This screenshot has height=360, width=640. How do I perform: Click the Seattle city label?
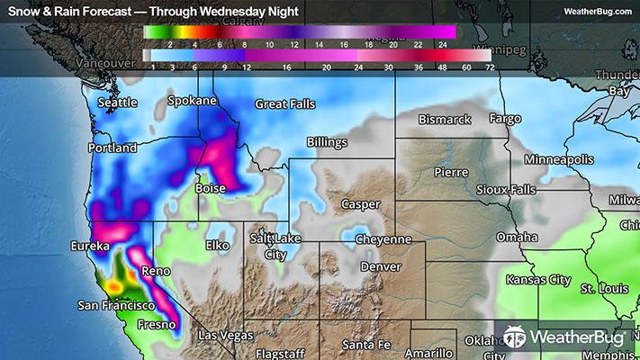click(x=116, y=103)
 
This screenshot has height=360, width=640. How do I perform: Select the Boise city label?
click(x=211, y=190)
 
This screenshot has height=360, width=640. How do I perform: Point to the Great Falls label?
click(x=285, y=104)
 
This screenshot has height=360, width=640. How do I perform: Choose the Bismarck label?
click(x=445, y=119)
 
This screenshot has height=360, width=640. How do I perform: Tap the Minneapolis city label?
click(x=559, y=158)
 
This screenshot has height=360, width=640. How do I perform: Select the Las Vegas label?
click(x=226, y=336)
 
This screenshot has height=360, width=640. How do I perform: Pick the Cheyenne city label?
click(x=383, y=239)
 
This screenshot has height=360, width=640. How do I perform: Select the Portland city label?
click(x=113, y=148)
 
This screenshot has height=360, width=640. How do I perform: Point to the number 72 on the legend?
click(x=489, y=67)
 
